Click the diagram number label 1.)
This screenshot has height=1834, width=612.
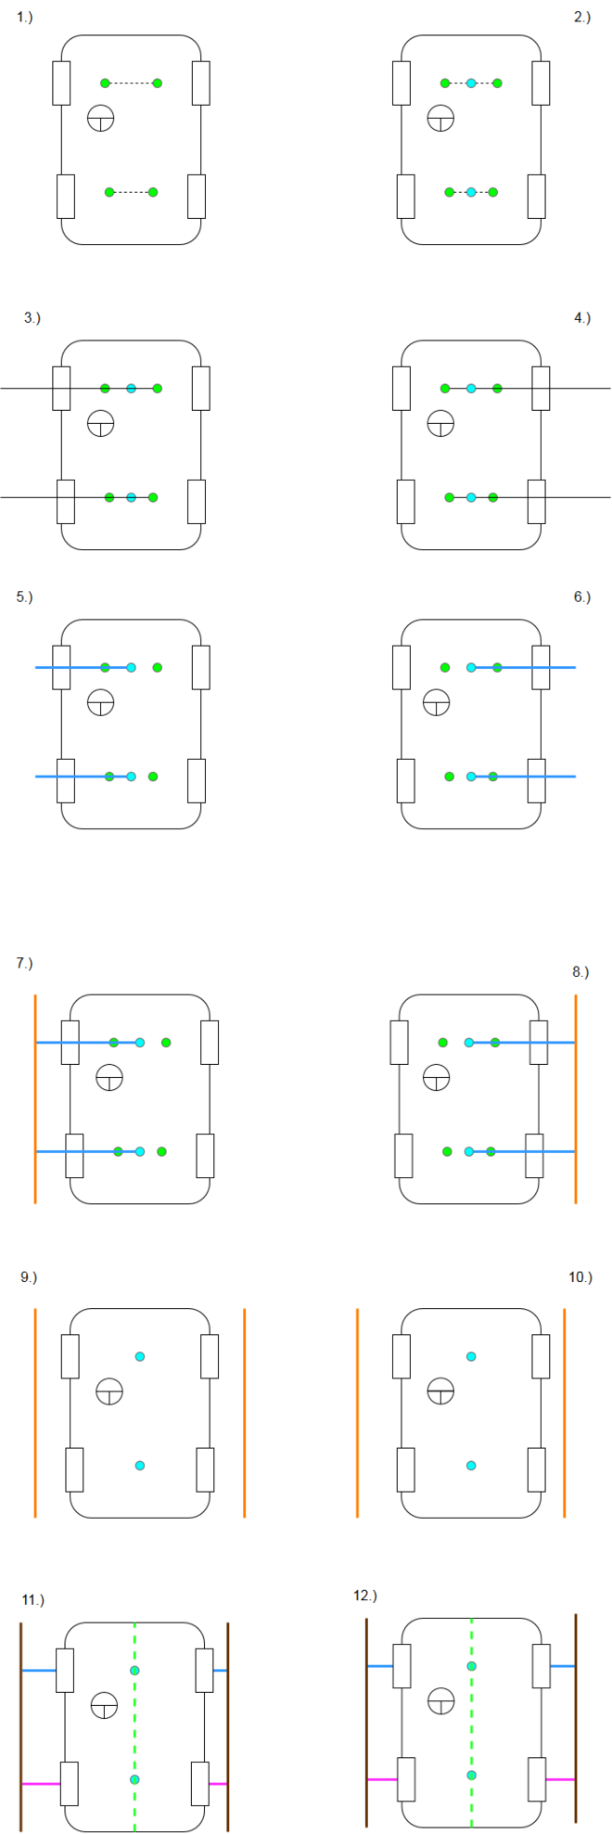(24, 18)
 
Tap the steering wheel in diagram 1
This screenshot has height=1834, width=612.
(100, 118)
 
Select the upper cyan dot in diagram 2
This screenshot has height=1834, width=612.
(471, 83)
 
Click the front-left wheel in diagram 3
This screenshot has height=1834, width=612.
(61, 388)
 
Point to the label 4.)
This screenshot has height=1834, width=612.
(582, 318)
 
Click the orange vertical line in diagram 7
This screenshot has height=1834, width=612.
(35, 1099)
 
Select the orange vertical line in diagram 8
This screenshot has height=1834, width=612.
(576, 1099)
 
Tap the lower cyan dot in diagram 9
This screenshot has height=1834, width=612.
(140, 1465)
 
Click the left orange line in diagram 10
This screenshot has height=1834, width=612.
(357, 1413)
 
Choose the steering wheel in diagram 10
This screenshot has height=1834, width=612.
(440, 1391)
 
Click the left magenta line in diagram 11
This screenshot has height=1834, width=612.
(40, 1783)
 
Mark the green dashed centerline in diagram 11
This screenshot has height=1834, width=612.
(134, 1725)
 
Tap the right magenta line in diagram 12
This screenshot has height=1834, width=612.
(560, 1778)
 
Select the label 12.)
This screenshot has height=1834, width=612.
(365, 1595)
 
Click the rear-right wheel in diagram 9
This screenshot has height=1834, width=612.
(205, 1469)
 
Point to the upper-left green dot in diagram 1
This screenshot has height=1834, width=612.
(105, 83)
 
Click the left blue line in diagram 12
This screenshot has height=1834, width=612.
(380, 1665)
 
